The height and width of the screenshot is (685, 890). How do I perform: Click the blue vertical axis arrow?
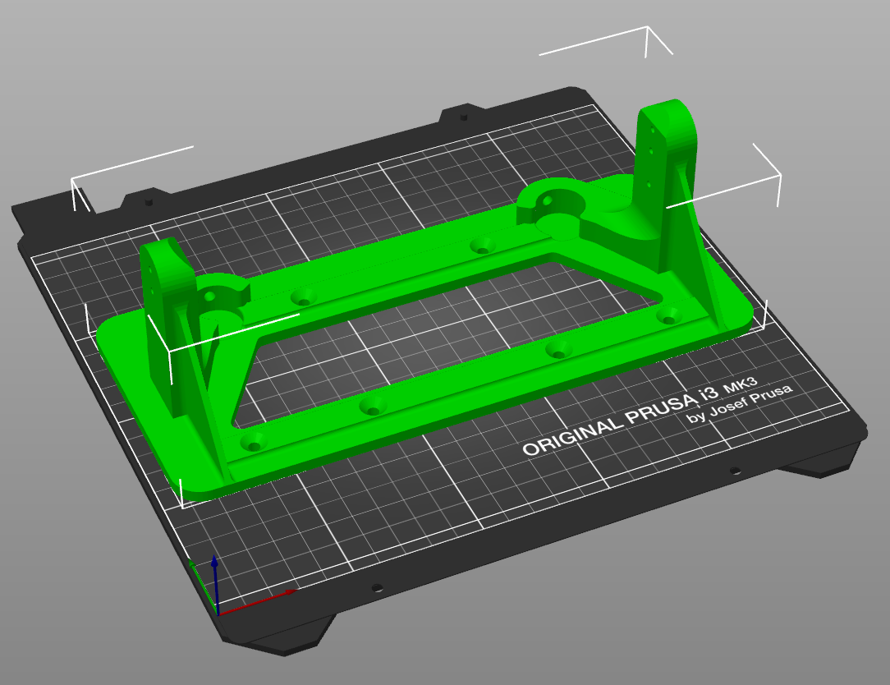[x=214, y=575]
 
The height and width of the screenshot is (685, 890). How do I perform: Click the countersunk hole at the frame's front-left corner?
[x=254, y=443]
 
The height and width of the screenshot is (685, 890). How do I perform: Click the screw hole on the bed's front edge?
[x=377, y=588]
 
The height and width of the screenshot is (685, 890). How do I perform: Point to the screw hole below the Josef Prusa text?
[x=735, y=471]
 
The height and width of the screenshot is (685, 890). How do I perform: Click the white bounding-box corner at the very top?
[x=648, y=29]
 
